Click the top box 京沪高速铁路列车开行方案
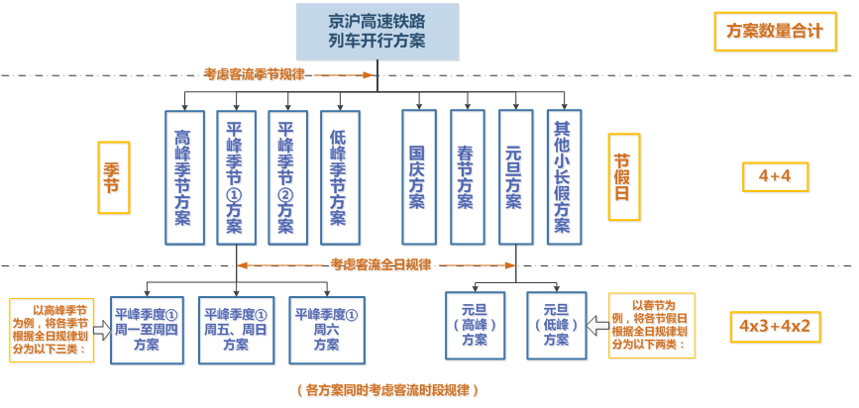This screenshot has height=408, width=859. tap(378, 30)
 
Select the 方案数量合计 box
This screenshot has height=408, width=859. tap(775, 31)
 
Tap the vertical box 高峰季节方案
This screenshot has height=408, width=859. tap(183, 177)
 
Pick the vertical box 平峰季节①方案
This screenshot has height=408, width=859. tap(236, 177)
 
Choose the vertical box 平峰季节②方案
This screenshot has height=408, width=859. tap(287, 177)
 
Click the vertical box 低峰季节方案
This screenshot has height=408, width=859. tap(340, 177)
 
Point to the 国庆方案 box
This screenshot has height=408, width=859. tap(418, 177)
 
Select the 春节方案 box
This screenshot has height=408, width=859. tap(466, 177)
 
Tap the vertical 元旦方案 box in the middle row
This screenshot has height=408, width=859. tap(514, 177)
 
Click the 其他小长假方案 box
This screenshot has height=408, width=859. tap(563, 177)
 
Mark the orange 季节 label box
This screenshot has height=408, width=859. tap(113, 178)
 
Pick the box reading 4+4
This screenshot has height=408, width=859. tap(776, 178)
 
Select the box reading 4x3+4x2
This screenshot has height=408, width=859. tap(776, 326)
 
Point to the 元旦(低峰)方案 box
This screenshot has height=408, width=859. tap(556, 321)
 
